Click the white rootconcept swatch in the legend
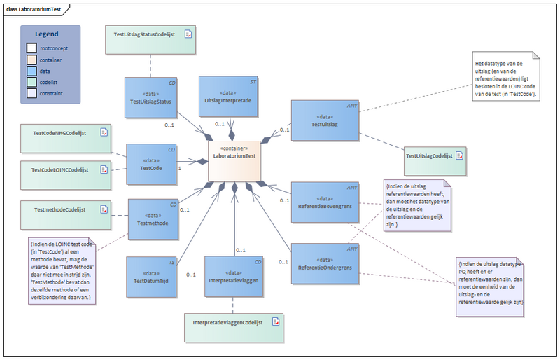click(31, 48)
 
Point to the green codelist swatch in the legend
click(31, 82)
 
